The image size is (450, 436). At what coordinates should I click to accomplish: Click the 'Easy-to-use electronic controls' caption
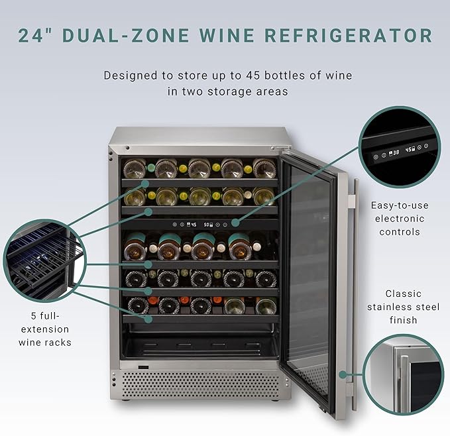tap(402, 219)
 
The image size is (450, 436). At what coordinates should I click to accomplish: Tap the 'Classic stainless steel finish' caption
tap(403, 307)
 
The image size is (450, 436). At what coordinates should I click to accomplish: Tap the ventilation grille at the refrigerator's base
tap(199, 384)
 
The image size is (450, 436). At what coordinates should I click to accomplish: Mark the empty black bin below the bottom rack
tap(199, 345)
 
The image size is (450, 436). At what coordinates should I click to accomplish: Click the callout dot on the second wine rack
tap(148, 211)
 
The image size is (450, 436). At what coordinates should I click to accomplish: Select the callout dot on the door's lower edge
tap(343, 374)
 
